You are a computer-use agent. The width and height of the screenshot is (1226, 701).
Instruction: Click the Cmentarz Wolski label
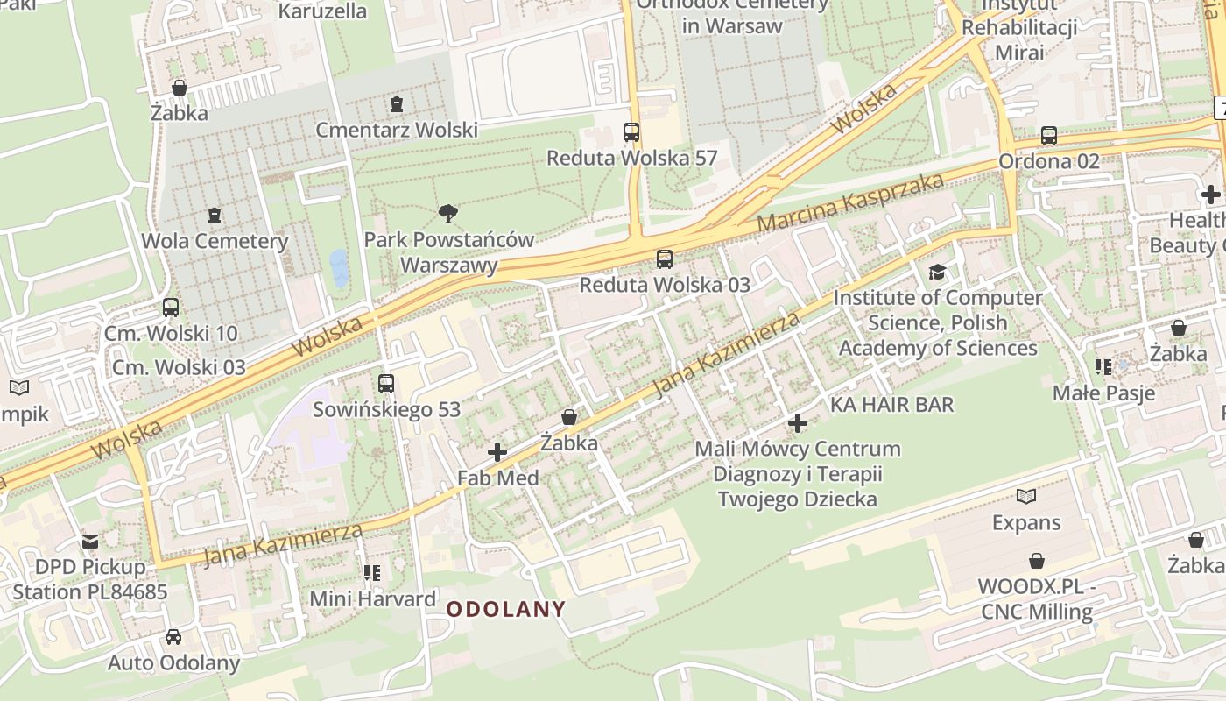pos(397,130)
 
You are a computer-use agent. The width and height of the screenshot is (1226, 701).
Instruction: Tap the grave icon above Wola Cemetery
pos(215,216)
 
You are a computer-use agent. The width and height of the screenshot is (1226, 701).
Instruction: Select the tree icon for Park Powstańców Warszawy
pos(448,214)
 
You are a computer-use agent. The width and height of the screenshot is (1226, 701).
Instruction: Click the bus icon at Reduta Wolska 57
pos(631,133)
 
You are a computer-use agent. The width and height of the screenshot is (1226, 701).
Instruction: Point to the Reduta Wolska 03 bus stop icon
pos(665,259)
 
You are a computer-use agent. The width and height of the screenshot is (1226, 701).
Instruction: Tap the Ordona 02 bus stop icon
pos(1049,136)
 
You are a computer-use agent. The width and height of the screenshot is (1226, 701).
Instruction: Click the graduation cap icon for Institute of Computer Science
pos(938,273)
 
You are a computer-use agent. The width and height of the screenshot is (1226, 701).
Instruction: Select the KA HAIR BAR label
pos(891,404)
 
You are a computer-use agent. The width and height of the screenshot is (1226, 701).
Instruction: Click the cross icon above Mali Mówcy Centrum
pos(797,424)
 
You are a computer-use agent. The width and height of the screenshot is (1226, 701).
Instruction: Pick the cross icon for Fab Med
pos(497,452)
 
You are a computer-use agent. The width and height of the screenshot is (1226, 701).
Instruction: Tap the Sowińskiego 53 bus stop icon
pos(386,384)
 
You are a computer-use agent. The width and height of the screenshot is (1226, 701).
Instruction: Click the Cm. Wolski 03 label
pos(179,367)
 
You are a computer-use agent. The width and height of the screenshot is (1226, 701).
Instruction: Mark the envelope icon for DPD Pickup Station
pos(90,542)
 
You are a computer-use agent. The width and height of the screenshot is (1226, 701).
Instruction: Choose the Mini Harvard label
pos(373,599)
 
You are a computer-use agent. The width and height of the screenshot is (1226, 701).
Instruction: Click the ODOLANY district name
pos(506,609)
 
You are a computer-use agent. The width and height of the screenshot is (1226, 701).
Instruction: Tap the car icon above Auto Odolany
pos(173,637)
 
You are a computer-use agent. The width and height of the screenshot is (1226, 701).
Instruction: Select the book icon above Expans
pos(1026,497)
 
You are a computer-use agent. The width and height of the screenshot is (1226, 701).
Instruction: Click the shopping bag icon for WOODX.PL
pos(1037,561)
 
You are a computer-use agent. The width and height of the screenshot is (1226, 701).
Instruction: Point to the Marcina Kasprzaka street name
pos(850,202)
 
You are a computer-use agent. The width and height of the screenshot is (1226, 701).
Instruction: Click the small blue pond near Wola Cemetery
pos(337,268)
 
